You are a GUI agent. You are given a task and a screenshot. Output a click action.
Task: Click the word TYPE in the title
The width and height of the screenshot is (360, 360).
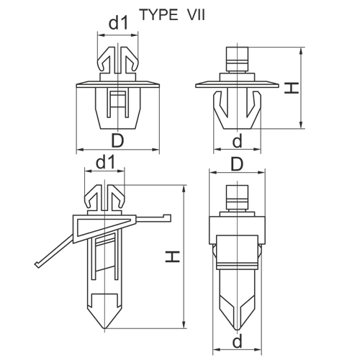click(x=158, y=15)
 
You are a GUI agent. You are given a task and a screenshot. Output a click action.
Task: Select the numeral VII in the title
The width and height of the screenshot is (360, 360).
click(x=196, y=15)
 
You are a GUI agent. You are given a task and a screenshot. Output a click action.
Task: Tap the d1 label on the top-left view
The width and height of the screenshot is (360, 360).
click(x=118, y=23)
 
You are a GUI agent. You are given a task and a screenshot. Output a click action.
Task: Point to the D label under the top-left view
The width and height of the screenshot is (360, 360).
click(x=117, y=140)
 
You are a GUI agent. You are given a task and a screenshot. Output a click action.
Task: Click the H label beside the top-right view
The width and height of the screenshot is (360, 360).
click(x=291, y=88)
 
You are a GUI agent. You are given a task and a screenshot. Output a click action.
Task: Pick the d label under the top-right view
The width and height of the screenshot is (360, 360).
click(x=238, y=140)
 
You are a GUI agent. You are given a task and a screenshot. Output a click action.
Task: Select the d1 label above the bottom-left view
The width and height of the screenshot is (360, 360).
click(x=105, y=163)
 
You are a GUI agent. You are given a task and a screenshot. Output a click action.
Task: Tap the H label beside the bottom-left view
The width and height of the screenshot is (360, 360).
click(x=173, y=257)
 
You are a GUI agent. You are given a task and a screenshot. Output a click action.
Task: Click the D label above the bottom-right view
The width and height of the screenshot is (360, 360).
click(x=237, y=164)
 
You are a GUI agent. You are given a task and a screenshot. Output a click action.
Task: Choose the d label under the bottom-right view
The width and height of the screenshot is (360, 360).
click(x=238, y=342)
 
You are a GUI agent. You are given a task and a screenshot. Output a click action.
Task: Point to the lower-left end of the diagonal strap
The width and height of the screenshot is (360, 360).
click(x=37, y=265)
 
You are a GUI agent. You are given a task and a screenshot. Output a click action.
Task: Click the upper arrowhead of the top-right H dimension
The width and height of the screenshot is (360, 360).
click(x=302, y=50)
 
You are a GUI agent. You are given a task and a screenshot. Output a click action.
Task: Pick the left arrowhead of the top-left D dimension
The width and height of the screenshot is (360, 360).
click(x=80, y=150)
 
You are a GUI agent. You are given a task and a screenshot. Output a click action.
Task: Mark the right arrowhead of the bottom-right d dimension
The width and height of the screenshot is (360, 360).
click(x=258, y=349)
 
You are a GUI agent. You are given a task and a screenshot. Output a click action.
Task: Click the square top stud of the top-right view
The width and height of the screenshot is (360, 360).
click(x=237, y=59)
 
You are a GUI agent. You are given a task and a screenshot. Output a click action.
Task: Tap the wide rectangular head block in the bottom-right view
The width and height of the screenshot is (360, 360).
click(x=237, y=230)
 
